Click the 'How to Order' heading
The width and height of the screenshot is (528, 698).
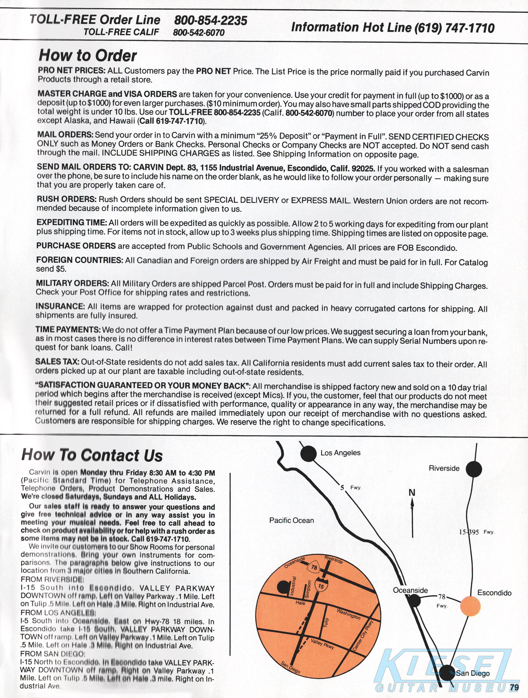coord(88,56)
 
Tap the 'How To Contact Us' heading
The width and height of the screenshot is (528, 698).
coord(92,455)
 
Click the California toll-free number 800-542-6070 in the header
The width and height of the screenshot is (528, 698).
coord(199,33)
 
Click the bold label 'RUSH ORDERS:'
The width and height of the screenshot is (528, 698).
coord(66,199)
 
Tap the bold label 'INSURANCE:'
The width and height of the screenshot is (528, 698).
coord(60,306)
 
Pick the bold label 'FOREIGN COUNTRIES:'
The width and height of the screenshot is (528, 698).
coord(79,260)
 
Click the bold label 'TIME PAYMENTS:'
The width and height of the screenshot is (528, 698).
coord(68,330)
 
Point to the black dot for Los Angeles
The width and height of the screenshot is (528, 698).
coord(308,454)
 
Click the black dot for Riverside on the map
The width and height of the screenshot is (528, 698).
coord(474,469)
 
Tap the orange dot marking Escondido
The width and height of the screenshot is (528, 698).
coord(470,606)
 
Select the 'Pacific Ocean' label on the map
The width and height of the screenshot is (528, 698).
coord(291,520)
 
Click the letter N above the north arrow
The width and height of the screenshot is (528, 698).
coord(412,493)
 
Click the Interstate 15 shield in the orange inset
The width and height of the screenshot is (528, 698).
coord(321,586)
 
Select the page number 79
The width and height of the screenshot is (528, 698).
coord(514,687)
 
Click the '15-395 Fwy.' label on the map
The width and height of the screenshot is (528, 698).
coord(476,532)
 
